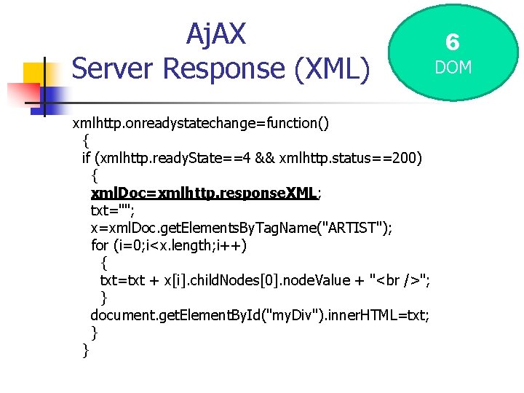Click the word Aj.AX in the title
point(216,33)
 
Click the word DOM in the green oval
point(453,67)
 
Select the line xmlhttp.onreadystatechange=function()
point(200,123)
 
